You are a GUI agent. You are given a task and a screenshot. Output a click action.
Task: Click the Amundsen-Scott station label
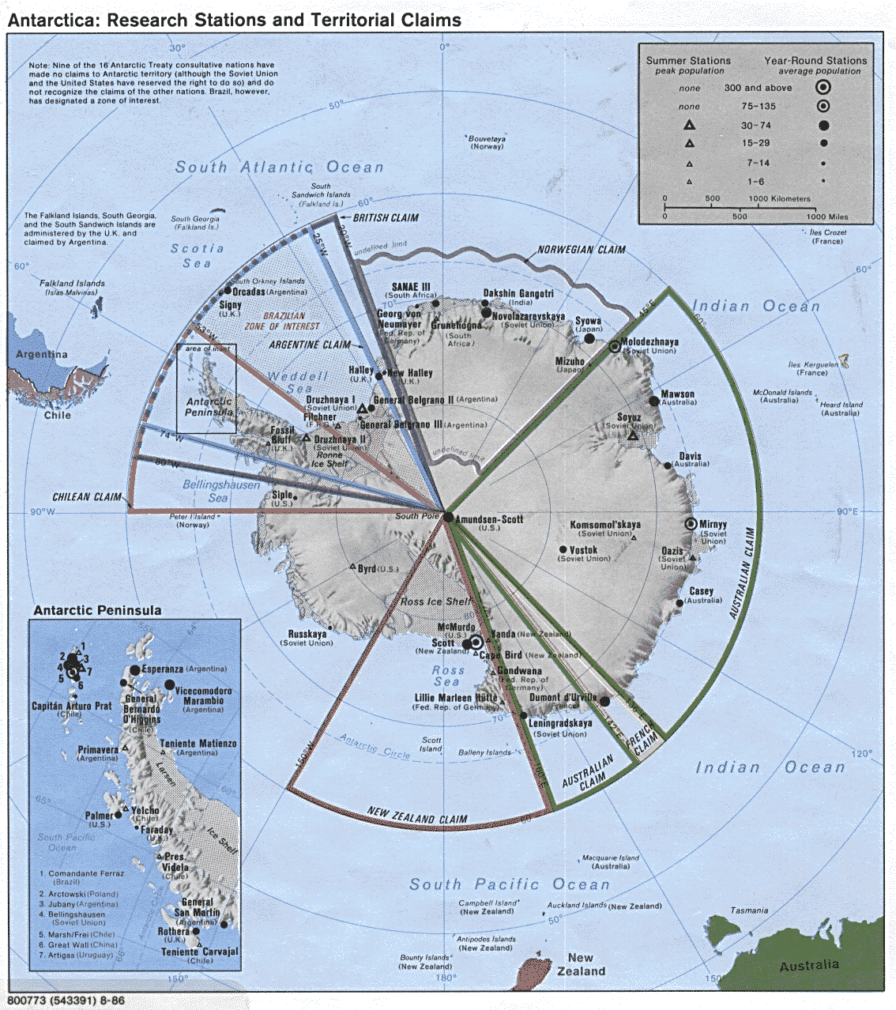pyautogui.click(x=489, y=519)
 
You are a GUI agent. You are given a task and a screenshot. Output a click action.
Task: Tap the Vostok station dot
pyautogui.click(x=563, y=550)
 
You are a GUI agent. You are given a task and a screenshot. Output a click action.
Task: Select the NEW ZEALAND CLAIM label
pyautogui.click(x=417, y=815)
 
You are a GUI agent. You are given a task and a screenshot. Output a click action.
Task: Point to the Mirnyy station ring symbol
pyautogui.click(x=691, y=524)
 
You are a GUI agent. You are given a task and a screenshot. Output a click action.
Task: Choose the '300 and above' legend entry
pyautogui.click(x=757, y=88)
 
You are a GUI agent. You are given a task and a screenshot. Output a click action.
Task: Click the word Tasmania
pyautogui.click(x=749, y=910)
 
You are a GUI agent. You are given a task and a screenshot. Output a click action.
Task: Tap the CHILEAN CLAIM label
pyautogui.click(x=87, y=497)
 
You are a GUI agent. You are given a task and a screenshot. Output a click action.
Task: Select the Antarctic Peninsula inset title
pyautogui.click(x=97, y=610)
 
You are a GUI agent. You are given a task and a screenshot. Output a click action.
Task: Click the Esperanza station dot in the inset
pyautogui.click(x=135, y=670)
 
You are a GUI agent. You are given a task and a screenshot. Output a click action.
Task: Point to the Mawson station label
pyautogui.click(x=677, y=394)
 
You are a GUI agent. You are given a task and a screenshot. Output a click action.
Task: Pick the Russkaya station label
pyautogui.click(x=307, y=634)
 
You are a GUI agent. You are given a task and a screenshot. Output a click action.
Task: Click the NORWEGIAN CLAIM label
pyautogui.click(x=582, y=250)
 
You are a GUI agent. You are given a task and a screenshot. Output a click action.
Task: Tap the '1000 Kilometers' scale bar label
pyautogui.click(x=779, y=199)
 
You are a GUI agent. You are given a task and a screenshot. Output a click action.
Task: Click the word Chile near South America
pyautogui.click(x=57, y=415)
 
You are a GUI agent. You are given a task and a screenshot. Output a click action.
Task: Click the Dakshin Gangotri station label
pyautogui.click(x=518, y=293)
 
